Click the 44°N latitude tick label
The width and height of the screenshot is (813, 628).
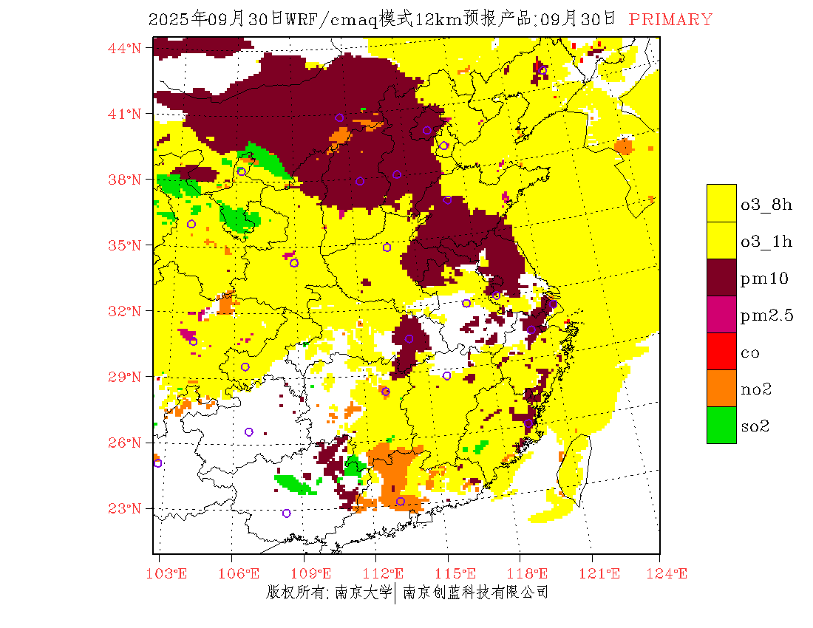click(125, 48)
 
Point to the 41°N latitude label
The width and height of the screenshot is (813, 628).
click(125, 114)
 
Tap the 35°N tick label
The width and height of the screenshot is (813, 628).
click(125, 245)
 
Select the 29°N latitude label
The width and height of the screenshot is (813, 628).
click(125, 377)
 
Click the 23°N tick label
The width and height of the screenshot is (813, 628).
click(125, 508)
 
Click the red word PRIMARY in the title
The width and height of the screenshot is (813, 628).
click(670, 20)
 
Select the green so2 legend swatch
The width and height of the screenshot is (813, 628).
click(721, 426)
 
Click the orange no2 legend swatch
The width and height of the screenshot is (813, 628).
click(721, 389)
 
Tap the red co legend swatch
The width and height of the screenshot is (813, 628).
click(721, 352)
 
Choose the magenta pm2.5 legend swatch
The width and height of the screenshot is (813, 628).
click(721, 315)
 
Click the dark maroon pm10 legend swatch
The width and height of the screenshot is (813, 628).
click(721, 278)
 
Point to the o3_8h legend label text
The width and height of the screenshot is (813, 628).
click(766, 205)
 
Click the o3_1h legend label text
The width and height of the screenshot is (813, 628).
click(766, 242)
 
